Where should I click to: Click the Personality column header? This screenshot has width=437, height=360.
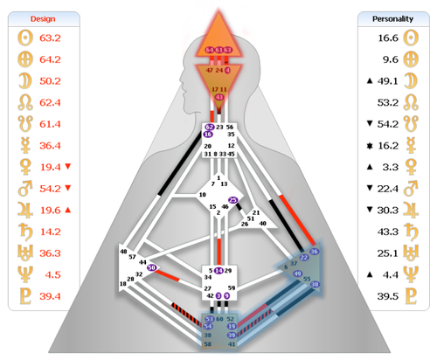pyautogui.click(x=392, y=17)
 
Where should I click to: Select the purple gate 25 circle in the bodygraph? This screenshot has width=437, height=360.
pyautogui.click(x=232, y=200)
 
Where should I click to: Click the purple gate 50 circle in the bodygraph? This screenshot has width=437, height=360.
pyautogui.click(x=152, y=267)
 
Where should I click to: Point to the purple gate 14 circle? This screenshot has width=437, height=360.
pyautogui.click(x=218, y=271)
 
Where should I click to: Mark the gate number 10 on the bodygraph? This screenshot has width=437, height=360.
pyautogui.click(x=177, y=195)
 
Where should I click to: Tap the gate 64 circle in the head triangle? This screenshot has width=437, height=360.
pyautogui.click(x=209, y=50)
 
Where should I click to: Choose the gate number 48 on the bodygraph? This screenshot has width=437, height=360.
pyautogui.click(x=123, y=252)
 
